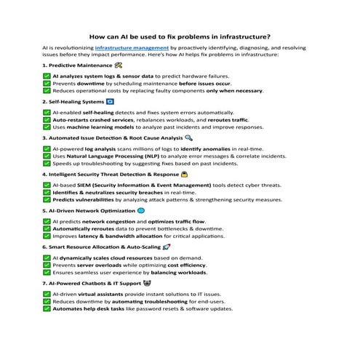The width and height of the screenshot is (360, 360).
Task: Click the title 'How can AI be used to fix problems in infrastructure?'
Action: (180, 34)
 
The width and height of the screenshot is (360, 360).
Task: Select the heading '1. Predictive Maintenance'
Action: (75, 65)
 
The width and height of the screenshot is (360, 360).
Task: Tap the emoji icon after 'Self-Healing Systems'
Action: (111, 103)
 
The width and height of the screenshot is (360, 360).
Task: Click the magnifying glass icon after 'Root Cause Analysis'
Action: (189, 137)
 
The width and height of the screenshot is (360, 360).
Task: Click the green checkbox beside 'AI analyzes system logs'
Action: (47, 76)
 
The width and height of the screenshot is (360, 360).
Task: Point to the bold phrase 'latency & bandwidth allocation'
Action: (121, 236)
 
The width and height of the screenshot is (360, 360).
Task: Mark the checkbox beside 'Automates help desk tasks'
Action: (47, 308)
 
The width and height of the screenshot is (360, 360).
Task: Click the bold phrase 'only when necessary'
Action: (234, 91)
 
